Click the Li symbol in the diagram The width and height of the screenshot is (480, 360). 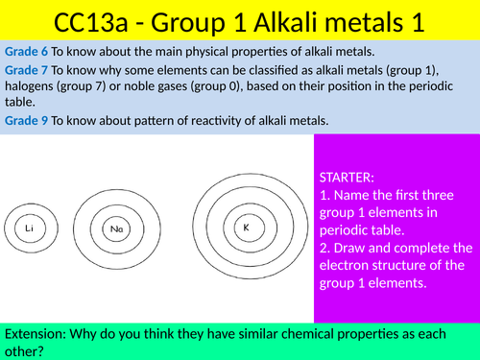click(31, 228)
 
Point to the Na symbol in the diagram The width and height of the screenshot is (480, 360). click(113, 228)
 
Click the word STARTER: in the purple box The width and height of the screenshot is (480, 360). click(348, 177)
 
